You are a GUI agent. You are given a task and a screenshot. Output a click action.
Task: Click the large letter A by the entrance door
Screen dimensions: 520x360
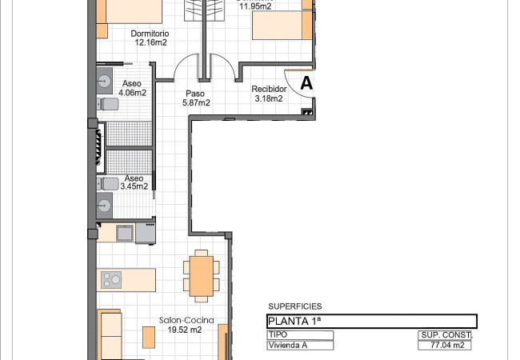point(306,83)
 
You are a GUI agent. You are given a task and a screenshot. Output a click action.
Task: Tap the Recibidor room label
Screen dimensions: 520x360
point(269,89)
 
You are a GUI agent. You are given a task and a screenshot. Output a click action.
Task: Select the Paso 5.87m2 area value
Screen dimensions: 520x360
point(196,103)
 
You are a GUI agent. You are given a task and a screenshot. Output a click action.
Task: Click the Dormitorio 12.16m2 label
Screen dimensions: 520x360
point(150,38)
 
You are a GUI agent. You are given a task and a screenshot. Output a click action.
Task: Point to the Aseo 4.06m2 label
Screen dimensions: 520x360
point(132,88)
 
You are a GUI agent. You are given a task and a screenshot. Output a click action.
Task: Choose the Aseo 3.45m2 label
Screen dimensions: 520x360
point(134,182)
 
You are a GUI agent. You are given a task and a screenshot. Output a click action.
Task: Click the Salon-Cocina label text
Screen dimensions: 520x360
point(186,321)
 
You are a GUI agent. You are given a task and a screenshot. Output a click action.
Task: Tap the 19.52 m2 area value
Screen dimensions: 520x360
point(184,330)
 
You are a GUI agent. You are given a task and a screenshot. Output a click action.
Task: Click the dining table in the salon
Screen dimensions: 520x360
point(202,276)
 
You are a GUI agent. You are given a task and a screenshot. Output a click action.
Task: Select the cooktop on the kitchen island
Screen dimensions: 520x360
point(111,280)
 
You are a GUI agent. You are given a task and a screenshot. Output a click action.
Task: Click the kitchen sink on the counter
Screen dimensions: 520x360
point(125,233)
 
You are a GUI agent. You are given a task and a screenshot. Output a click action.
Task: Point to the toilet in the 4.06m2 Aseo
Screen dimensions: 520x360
point(107,104)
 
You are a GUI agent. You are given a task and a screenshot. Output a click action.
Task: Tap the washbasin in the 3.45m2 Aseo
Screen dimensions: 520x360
point(105,206)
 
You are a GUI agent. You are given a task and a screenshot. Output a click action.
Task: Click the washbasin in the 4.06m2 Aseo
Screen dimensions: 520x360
point(105,81)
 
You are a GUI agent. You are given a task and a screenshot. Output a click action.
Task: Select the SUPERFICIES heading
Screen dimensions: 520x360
point(295,306)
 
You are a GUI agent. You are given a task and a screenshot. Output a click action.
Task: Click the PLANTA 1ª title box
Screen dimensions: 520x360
point(372,322)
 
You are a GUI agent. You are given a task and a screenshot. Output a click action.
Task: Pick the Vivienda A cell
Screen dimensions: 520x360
point(300,346)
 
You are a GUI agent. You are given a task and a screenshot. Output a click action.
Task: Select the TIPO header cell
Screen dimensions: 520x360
point(300,335)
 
